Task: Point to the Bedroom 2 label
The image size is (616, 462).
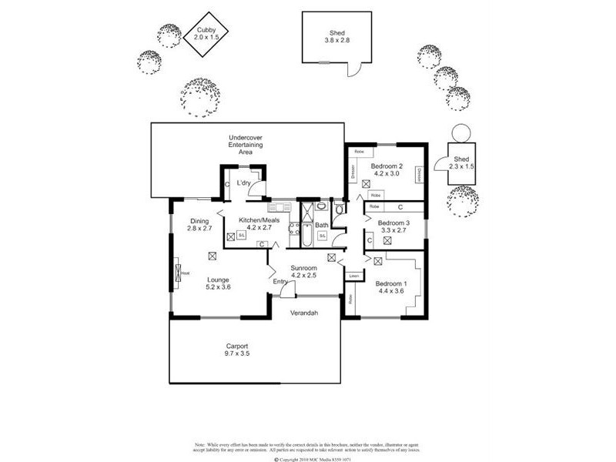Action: pyautogui.click(x=386, y=170)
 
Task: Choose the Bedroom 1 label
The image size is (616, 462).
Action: pyautogui.click(x=390, y=286)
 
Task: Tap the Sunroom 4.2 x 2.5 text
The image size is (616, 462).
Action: pyautogui.click(x=304, y=272)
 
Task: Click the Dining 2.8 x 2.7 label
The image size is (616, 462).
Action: pyautogui.click(x=200, y=225)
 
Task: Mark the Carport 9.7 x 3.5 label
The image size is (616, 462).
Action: pyautogui.click(x=237, y=350)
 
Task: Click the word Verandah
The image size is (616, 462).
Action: pyautogui.click(x=303, y=313)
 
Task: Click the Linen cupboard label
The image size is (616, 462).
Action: pyautogui.click(x=354, y=276)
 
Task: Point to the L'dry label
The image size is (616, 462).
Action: pyautogui.click(x=245, y=183)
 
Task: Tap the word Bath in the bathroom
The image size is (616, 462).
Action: pyautogui.click(x=321, y=225)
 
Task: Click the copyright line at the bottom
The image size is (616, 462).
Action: pyautogui.click(x=308, y=459)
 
